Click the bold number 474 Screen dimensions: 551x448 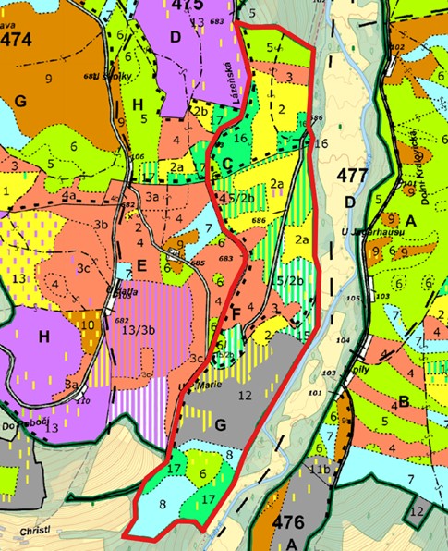point(18,41)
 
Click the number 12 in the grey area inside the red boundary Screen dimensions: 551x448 point(244,396)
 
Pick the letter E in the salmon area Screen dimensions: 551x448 point(142,265)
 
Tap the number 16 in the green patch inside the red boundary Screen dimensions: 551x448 point(240,138)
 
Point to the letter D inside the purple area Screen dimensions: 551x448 point(176,37)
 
